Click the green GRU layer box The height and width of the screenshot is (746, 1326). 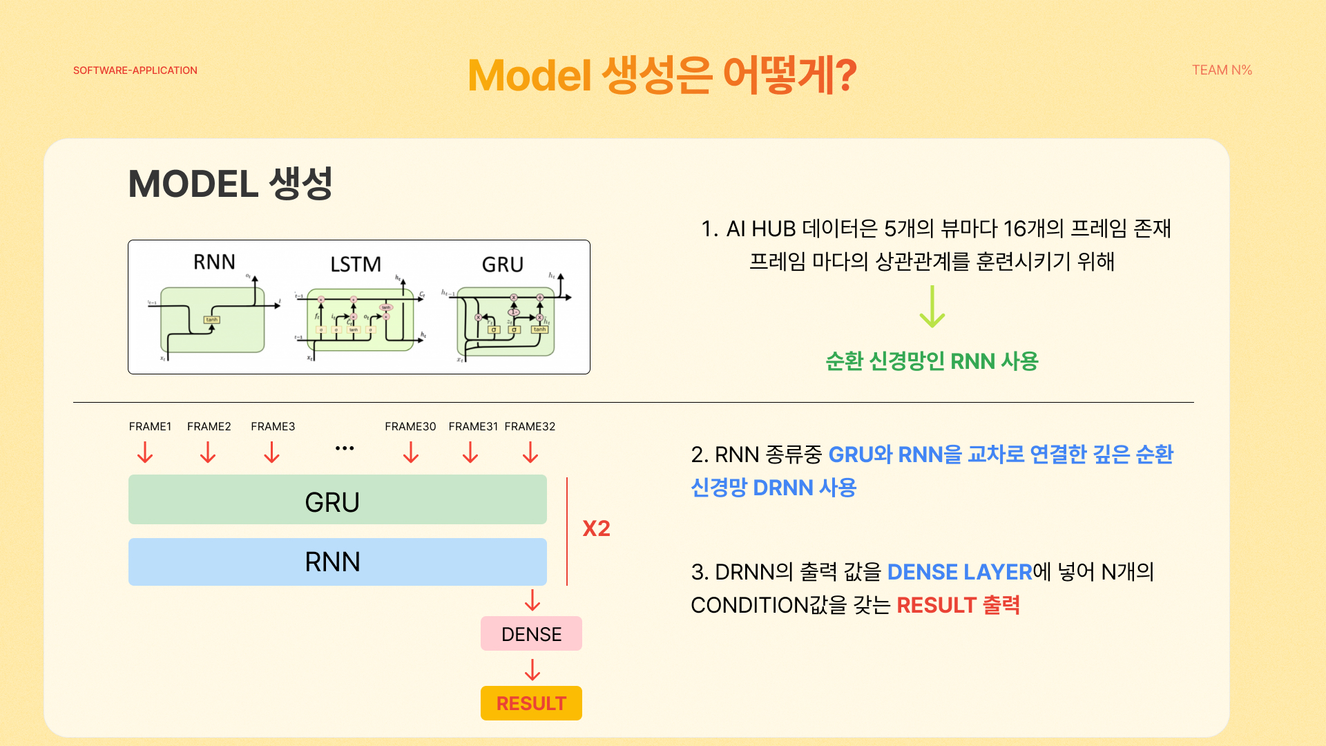pyautogui.click(x=337, y=499)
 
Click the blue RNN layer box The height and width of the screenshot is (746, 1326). pyautogui.click(x=337, y=562)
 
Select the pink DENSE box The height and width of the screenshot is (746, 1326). pyautogui.click(x=531, y=633)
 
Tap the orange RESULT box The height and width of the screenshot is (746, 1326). pyautogui.click(x=531, y=703)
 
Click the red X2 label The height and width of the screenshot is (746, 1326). pyautogui.click(x=596, y=528)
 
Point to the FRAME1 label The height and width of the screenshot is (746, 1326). pyautogui.click(x=150, y=426)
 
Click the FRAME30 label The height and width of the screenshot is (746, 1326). pyautogui.click(x=410, y=426)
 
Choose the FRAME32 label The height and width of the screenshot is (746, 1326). pyautogui.click(x=530, y=426)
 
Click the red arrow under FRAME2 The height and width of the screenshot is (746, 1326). pyautogui.click(x=208, y=452)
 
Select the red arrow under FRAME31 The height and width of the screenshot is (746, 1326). pyautogui.click(x=470, y=452)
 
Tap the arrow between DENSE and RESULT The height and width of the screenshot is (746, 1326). pyautogui.click(x=532, y=669)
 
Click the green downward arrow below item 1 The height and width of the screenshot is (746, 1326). pyautogui.click(x=932, y=307)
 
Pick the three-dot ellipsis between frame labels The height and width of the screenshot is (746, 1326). pyautogui.click(x=345, y=448)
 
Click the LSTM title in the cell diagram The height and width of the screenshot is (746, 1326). pyautogui.click(x=356, y=265)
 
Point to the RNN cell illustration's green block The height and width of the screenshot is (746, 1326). pyautogui.click(x=213, y=320)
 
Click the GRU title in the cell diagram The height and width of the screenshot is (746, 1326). pyautogui.click(x=503, y=265)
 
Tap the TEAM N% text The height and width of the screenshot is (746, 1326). pyautogui.click(x=1222, y=70)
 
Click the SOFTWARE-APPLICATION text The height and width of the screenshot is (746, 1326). pyautogui.click(x=135, y=70)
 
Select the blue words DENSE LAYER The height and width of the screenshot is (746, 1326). pyautogui.click(x=959, y=572)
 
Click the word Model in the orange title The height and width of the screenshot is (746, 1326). pyautogui.click(x=530, y=75)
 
